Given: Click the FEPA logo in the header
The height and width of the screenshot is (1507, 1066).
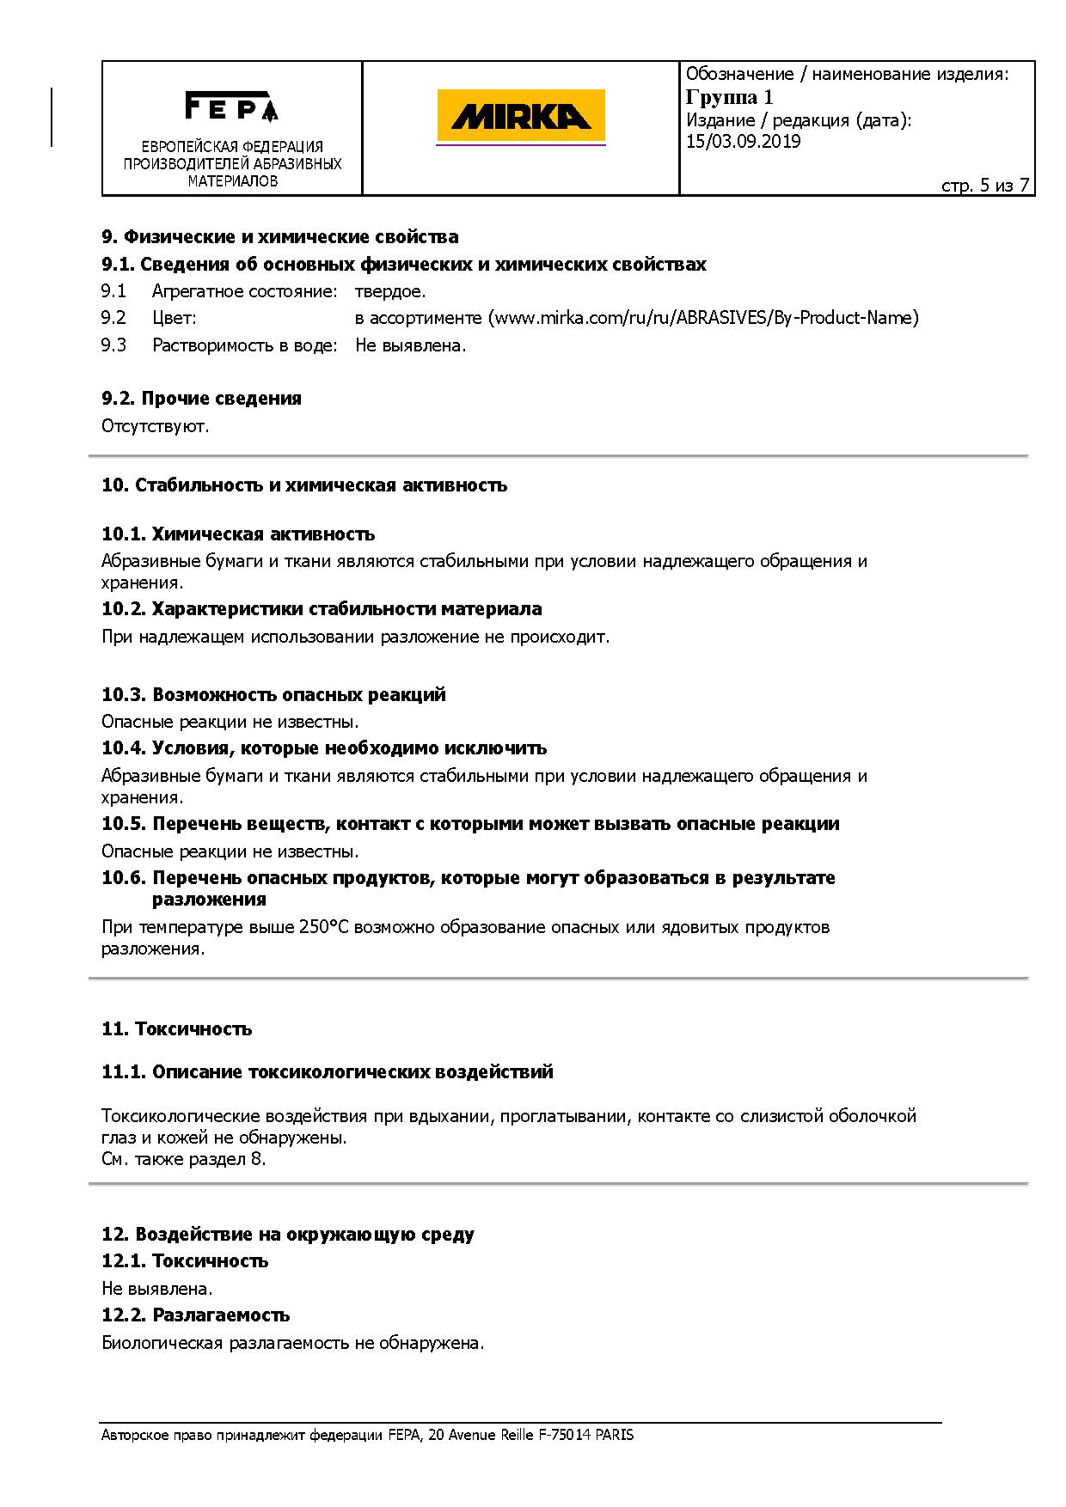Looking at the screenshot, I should click(231, 107).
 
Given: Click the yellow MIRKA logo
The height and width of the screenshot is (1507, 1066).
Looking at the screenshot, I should click(521, 116).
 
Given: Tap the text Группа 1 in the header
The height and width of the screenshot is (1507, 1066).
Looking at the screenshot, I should click(729, 97).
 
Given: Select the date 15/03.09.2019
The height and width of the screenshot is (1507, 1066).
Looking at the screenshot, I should click(743, 142).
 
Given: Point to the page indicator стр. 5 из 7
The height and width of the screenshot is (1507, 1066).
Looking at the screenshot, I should click(985, 186).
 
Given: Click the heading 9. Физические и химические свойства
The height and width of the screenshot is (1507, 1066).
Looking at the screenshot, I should click(280, 236).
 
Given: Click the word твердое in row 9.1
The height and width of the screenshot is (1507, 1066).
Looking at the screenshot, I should click(390, 291).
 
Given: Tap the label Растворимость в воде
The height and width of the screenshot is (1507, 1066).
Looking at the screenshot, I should click(245, 345).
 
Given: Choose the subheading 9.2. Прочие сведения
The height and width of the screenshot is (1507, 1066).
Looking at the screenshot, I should click(201, 398).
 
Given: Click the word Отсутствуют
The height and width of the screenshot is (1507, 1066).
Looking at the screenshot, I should click(155, 426).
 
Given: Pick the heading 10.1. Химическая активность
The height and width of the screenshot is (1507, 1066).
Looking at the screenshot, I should click(238, 534).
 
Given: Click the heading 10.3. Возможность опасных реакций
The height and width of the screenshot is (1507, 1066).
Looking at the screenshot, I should click(273, 694).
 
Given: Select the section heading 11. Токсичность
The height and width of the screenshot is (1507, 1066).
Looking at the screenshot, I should click(176, 1028).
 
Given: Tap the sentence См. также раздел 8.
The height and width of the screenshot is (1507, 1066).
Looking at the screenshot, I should click(183, 1159).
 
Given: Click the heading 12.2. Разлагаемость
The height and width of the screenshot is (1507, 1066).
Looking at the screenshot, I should click(195, 1315).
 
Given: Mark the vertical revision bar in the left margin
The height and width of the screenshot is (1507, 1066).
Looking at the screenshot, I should click(52, 117).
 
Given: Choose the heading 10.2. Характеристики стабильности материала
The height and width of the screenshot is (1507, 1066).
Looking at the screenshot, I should click(322, 609).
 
